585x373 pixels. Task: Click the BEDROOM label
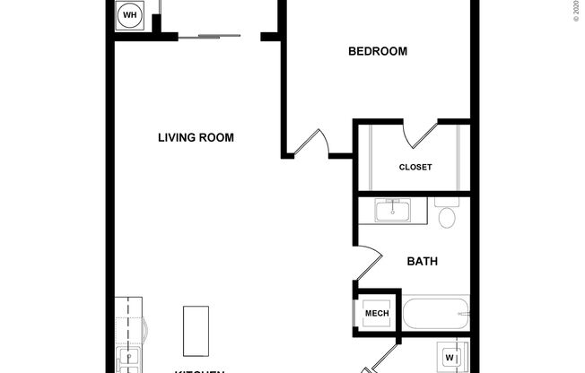377,51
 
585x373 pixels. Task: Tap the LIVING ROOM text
196,137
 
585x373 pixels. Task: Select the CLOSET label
415,167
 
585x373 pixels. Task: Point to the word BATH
422,262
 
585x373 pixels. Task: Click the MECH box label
376,313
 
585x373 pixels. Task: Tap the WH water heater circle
129,15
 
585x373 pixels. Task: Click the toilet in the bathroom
446,216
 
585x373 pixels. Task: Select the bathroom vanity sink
391,212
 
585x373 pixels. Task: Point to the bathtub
435,314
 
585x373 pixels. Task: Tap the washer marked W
450,358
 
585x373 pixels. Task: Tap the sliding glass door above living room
209,36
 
